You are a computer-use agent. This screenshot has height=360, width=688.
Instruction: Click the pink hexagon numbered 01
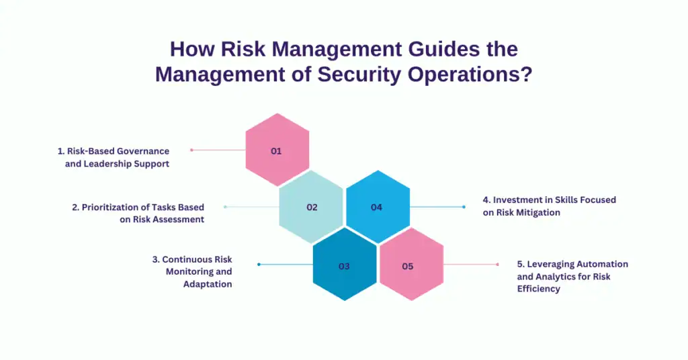[x=277, y=150]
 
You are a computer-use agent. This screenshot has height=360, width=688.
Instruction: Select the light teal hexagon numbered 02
[x=311, y=207]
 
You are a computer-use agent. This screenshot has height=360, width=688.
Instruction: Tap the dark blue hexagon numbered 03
[x=344, y=265]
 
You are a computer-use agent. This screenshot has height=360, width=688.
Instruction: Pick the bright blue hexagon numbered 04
[x=377, y=207]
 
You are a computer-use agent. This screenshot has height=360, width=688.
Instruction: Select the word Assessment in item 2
[x=178, y=220]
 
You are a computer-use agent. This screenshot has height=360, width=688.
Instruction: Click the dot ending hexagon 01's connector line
[x=191, y=150]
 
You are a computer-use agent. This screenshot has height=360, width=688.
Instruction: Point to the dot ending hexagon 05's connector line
[x=498, y=264]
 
